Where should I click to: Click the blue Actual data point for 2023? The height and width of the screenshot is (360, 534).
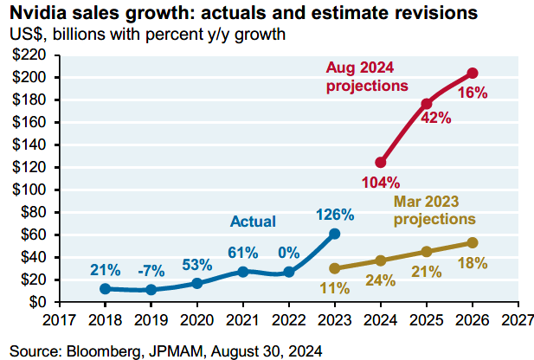(335, 234)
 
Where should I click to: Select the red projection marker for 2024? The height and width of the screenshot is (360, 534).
(381, 163)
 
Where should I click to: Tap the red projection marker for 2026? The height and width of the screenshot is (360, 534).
(473, 73)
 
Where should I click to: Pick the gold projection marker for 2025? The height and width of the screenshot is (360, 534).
(427, 252)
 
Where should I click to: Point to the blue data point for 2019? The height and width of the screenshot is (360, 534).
(151, 290)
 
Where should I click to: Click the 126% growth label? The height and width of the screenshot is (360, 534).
(335, 215)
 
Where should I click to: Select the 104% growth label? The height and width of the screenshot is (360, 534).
(381, 183)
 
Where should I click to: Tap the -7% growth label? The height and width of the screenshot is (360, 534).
(151, 271)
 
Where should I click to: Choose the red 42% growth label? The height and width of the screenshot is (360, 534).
(436, 118)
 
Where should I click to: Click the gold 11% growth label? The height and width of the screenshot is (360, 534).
(334, 288)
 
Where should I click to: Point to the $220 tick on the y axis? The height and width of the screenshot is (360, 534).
(29, 55)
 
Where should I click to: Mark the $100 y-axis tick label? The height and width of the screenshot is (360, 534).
(29, 190)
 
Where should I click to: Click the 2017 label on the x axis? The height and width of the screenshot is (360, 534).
(59, 320)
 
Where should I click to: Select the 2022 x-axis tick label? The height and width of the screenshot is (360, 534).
(289, 320)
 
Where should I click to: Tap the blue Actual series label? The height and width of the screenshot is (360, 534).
(253, 222)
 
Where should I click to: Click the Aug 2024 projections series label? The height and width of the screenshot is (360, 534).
(367, 77)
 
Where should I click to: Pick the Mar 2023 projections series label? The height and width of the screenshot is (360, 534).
(434, 210)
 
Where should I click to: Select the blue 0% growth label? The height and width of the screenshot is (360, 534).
(289, 253)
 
